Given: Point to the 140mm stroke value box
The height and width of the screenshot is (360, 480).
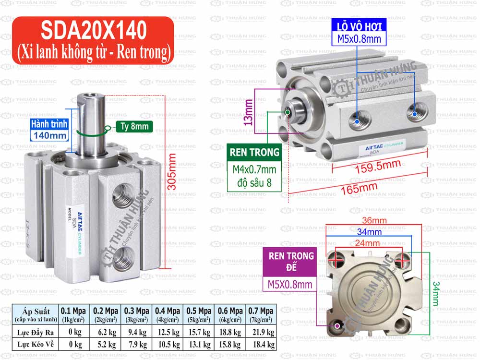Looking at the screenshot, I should (x=49, y=135).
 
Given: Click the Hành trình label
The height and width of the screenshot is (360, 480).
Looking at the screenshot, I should (x=49, y=124).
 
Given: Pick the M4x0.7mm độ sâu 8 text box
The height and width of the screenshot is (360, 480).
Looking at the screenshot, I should (x=254, y=176).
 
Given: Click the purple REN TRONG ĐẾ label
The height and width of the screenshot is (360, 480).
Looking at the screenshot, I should (x=291, y=262).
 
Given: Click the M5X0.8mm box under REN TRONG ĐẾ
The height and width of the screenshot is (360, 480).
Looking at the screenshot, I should (x=291, y=285).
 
